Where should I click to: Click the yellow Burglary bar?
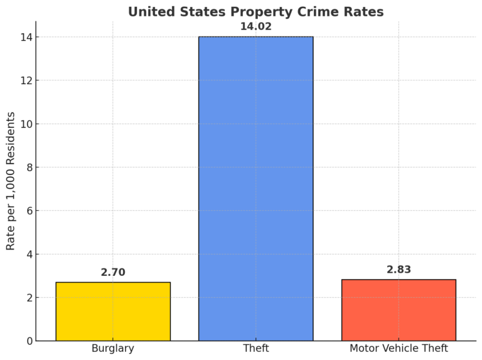click(x=113, y=312)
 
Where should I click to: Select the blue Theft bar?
click(x=255, y=188)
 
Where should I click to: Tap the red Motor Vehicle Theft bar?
click(x=399, y=310)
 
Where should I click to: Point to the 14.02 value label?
click(x=255, y=26)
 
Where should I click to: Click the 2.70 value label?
click(x=113, y=272)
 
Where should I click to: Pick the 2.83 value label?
click(x=399, y=270)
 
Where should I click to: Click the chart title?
click(x=255, y=11)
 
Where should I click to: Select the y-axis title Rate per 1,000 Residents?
click(x=11, y=181)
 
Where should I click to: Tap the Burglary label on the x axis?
click(x=113, y=349)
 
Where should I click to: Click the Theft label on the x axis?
click(x=255, y=349)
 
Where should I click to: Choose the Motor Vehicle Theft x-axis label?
click(x=399, y=349)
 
